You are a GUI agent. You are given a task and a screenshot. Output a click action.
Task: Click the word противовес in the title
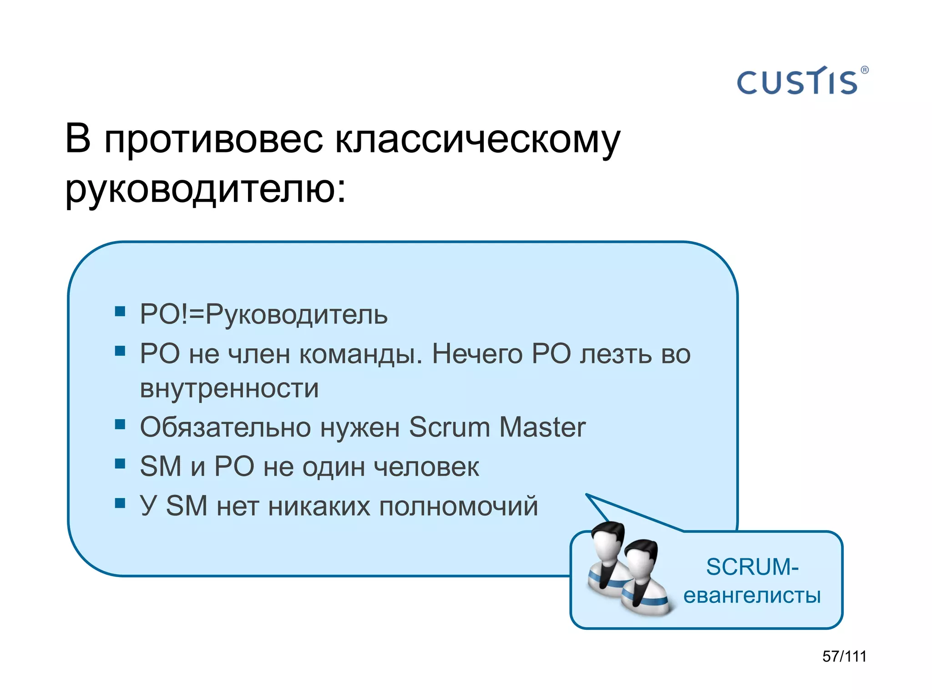pyautogui.click(x=214, y=139)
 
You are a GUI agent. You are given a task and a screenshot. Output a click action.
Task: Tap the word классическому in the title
pyautogui.click(x=478, y=139)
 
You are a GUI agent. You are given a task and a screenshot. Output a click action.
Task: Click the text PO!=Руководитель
pyautogui.click(x=264, y=314)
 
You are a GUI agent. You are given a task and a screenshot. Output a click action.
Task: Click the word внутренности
pyautogui.click(x=229, y=389)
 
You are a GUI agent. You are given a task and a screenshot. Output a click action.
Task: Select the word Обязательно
pyautogui.click(x=226, y=427)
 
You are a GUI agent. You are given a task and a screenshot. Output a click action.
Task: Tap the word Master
pyautogui.click(x=542, y=427)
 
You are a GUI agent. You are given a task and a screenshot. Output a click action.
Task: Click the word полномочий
pyautogui.click(x=459, y=506)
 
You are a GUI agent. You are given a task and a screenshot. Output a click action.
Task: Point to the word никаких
pyautogui.click(x=319, y=506)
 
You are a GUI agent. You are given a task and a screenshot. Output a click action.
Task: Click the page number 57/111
pyautogui.click(x=845, y=656)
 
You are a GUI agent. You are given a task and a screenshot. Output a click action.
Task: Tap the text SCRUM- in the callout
pyautogui.click(x=752, y=567)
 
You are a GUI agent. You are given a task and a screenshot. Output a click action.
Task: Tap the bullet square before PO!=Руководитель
pyautogui.click(x=120, y=311)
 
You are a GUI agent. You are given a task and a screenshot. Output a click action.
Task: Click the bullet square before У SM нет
pyautogui.click(x=120, y=503)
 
